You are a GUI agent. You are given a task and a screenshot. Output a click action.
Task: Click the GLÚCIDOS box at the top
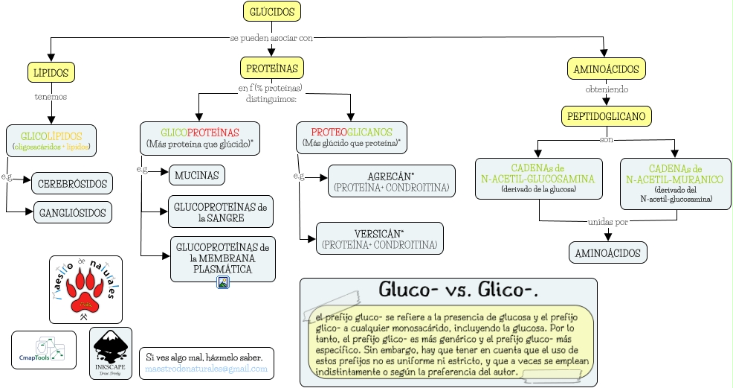point(272,12)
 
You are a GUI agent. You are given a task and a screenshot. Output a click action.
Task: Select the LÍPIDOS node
point(51,73)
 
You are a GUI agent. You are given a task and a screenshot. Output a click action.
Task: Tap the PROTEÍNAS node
point(272,69)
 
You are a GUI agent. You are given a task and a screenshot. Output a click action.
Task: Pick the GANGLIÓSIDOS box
point(72,212)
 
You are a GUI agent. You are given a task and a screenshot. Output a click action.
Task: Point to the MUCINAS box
point(197,175)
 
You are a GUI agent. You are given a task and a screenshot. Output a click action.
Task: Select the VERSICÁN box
point(379,238)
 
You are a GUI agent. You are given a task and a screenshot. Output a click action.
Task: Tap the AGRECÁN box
point(391,182)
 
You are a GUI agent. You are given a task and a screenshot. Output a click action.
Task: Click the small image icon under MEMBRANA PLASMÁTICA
point(223,282)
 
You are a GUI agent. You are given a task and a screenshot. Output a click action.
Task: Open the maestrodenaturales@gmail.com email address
point(206,369)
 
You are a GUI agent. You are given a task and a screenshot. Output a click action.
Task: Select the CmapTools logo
point(44,349)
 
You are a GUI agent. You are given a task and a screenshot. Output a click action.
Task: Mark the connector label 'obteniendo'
point(607,89)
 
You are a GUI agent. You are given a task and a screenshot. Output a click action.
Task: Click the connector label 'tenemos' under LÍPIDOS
point(51,97)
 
